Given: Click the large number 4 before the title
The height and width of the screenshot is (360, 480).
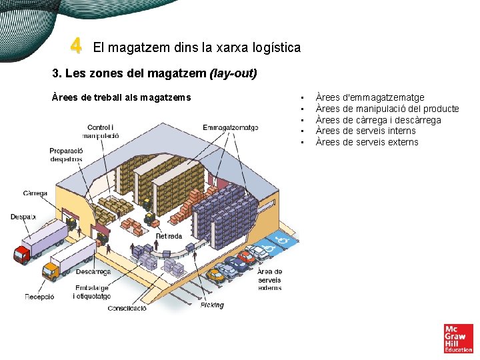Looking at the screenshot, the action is click(77, 46).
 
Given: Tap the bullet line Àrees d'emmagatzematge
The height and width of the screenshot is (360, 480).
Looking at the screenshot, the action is click(369, 97).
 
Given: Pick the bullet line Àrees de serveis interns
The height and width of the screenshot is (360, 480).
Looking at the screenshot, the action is click(365, 131).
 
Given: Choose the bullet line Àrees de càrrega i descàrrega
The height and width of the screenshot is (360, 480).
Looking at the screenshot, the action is click(378, 120).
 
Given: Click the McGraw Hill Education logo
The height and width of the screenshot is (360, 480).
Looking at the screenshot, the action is click(458, 338).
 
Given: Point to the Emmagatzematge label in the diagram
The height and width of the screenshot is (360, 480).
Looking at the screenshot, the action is click(230, 127).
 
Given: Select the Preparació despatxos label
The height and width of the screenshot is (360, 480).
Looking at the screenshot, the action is click(65, 155).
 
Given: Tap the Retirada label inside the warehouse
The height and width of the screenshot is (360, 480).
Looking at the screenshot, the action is click(169, 236).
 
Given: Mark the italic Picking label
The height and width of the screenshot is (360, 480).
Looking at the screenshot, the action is click(212, 305).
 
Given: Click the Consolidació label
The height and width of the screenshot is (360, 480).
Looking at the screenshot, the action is click(127, 309).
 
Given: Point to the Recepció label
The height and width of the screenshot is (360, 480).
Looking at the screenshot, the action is click(39, 297).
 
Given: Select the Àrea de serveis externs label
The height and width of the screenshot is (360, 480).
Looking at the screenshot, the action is click(269, 280).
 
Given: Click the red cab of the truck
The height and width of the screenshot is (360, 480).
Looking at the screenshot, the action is click(22, 254).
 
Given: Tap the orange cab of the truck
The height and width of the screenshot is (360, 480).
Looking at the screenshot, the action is click(50, 271).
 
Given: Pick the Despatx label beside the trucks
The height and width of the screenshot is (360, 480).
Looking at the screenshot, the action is click(23, 217).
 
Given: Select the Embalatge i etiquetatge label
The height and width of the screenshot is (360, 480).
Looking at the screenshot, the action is click(91, 291).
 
